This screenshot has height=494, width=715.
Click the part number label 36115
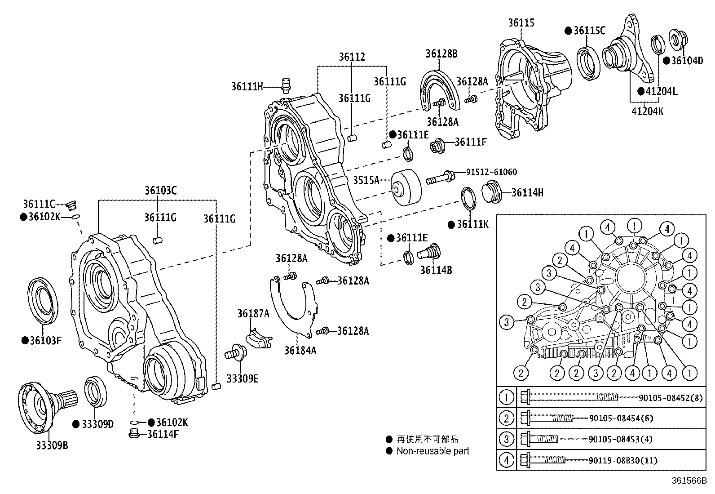[521, 22]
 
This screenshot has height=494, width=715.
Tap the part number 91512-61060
[491, 172]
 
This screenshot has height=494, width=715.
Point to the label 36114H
[527, 193]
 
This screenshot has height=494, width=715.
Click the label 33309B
[52, 445]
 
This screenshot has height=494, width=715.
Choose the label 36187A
[253, 314]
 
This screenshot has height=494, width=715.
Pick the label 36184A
[300, 350]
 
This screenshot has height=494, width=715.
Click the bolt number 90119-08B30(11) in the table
[621, 460]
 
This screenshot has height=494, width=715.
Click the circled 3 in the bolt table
[506, 439]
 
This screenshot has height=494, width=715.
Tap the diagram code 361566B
[689, 481]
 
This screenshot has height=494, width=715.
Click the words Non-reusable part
[433, 451]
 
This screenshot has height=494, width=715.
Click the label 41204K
[647, 111]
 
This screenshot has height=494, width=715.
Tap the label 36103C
[160, 191]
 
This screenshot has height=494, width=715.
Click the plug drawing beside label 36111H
[285, 85]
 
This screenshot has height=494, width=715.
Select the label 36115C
[589, 31]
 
